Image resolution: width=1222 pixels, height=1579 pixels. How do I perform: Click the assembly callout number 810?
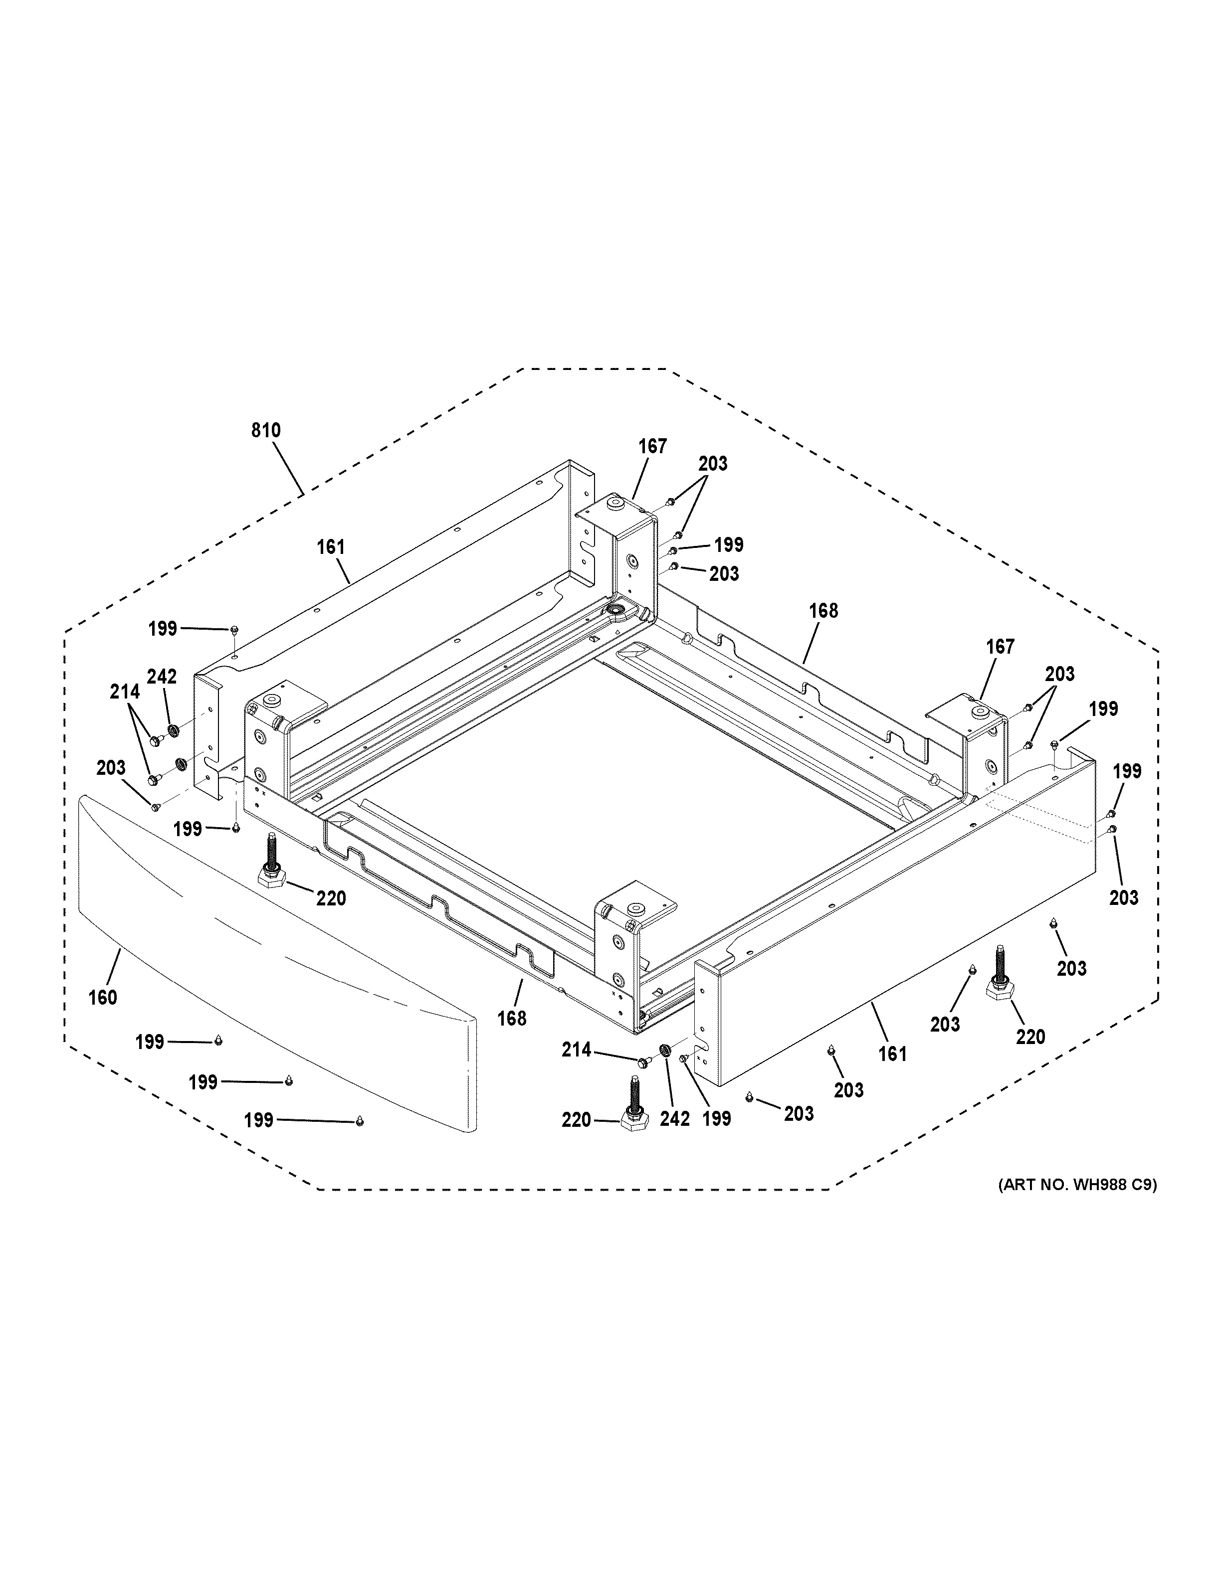[265, 431]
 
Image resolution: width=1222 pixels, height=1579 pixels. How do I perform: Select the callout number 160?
[103, 998]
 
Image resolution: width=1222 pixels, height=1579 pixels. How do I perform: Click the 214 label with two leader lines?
[124, 692]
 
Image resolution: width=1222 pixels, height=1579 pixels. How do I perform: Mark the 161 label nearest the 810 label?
[331, 547]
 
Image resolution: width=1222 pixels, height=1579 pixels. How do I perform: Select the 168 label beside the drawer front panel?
[512, 1019]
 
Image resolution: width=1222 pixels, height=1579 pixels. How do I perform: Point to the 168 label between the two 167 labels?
[823, 611]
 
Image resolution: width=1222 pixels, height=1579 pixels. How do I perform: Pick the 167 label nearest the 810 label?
[652, 447]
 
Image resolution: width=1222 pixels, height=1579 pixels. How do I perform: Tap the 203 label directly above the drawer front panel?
[111, 768]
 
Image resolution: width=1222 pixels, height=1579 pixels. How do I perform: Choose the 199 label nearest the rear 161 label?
[163, 629]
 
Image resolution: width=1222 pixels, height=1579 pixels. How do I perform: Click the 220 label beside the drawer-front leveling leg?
[331, 898]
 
